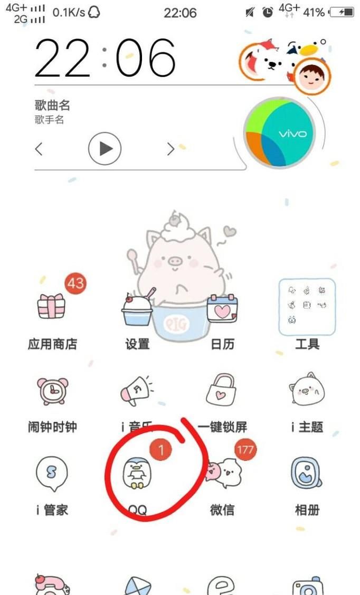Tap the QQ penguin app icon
coord(137,473)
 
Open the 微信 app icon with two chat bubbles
coord(222,473)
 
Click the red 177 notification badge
coord(244,450)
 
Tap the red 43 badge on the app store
coord(75,284)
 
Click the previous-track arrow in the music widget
coord(39,149)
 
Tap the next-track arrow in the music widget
coord(170,149)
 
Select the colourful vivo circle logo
coord(279,133)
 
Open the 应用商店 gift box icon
coord(52,306)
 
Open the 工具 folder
coord(307,307)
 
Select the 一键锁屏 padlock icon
coord(222,391)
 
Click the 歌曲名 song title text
coord(52,105)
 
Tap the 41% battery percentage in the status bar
coord(314,12)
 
